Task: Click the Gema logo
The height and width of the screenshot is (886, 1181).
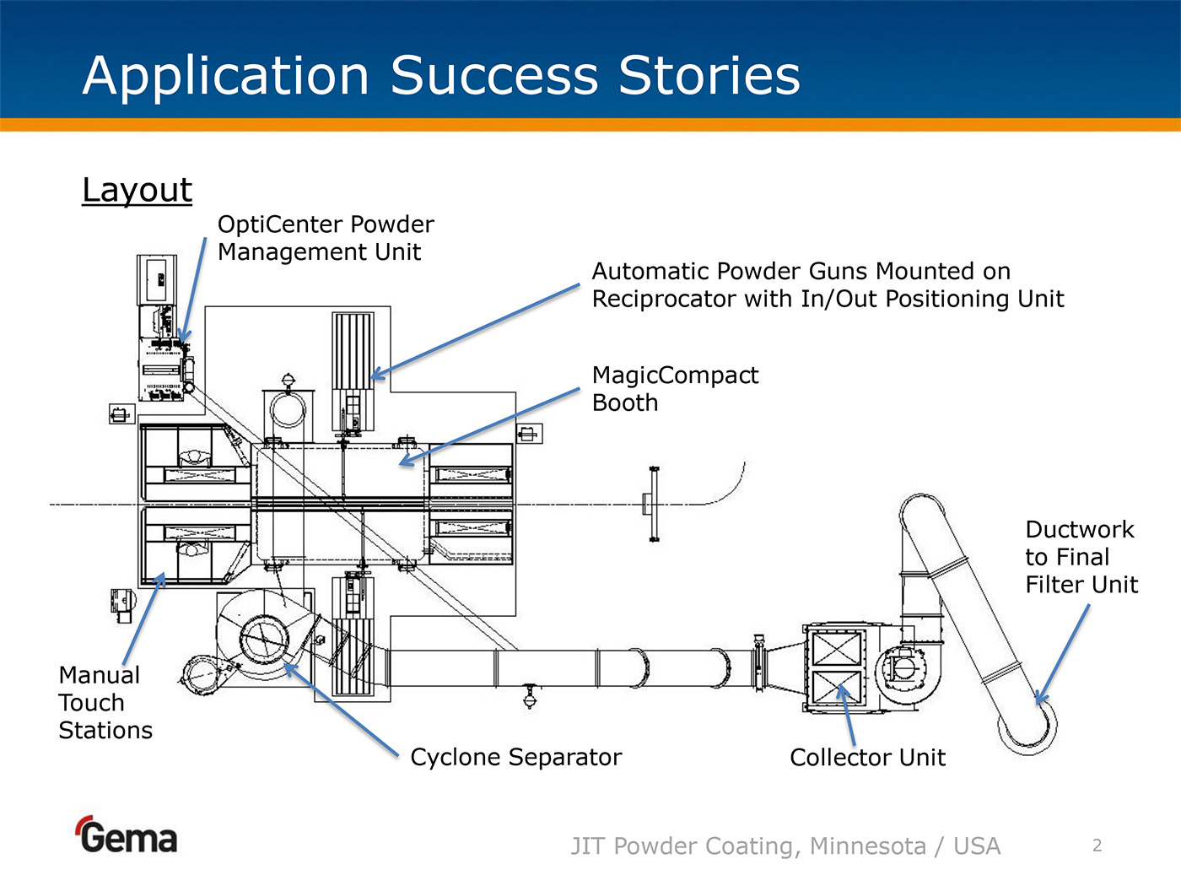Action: tap(127, 835)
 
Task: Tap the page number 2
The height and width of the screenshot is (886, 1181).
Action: tap(1097, 845)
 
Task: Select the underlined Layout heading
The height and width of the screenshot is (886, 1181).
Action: tap(137, 190)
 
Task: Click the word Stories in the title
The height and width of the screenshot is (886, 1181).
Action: tap(709, 76)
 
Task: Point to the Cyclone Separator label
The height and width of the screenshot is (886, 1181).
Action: tap(515, 757)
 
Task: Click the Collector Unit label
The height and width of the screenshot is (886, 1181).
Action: tap(867, 757)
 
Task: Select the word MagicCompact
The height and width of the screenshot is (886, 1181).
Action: tap(675, 375)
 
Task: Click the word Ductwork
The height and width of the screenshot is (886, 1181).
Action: tap(1080, 529)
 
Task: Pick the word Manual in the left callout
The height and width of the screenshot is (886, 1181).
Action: tap(99, 675)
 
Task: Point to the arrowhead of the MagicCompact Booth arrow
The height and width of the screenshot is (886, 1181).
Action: tap(402, 462)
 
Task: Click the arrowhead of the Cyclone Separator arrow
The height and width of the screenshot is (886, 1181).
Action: tap(287, 667)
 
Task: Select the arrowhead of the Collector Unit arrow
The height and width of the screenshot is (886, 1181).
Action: tap(841, 689)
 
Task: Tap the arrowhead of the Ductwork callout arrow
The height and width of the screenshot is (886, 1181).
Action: tap(1039, 701)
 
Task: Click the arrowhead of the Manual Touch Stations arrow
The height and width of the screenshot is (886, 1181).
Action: tap(162, 576)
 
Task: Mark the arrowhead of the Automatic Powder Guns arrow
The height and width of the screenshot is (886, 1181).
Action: tap(375, 376)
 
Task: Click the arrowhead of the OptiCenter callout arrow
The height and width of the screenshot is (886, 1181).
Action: tap(183, 339)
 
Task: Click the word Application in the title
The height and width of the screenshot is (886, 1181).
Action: tap(226, 76)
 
